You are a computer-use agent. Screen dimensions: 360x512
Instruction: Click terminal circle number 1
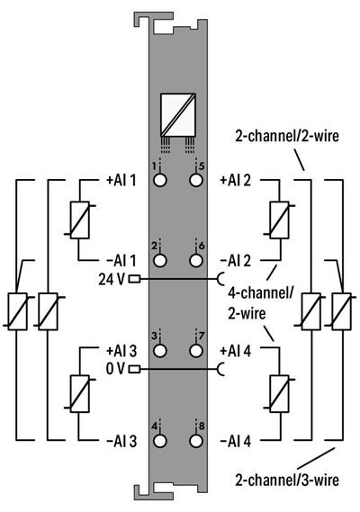[x=160, y=180]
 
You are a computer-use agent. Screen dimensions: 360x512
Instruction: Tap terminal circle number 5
[x=196, y=180]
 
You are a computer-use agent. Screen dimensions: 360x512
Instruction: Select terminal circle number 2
[x=160, y=260]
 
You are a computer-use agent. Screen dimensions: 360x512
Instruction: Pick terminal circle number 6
[x=196, y=260]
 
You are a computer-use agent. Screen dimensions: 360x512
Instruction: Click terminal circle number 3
[x=160, y=351]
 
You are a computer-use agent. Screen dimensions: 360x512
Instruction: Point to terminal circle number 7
[x=196, y=351]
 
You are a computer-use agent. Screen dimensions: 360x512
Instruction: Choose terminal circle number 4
[x=160, y=441]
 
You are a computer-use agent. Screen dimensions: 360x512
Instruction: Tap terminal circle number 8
[x=196, y=441]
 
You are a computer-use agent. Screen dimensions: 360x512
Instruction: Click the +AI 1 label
[x=121, y=180]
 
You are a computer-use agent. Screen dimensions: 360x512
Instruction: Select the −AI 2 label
[x=236, y=261]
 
